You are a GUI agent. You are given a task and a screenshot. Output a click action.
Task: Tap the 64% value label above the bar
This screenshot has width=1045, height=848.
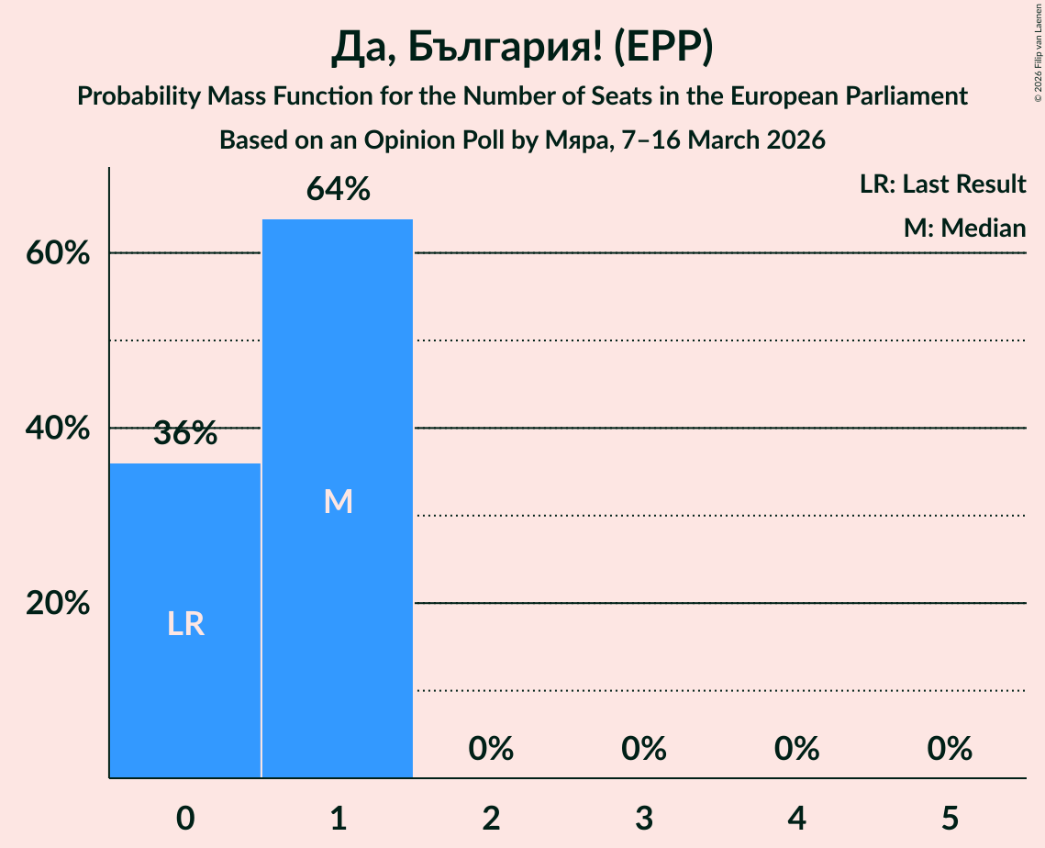(x=338, y=190)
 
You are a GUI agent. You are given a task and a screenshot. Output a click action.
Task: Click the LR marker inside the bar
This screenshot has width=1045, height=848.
(x=185, y=624)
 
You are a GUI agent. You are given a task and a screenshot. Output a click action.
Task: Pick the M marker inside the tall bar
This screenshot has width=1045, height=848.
(x=338, y=501)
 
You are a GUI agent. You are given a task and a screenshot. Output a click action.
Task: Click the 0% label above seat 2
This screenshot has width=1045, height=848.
(x=491, y=749)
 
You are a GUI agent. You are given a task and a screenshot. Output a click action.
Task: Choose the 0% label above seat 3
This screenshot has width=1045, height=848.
(x=644, y=749)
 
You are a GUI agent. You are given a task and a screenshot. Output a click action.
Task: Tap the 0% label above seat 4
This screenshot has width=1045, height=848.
(x=796, y=749)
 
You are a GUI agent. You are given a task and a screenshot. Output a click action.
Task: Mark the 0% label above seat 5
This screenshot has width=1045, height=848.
(x=950, y=749)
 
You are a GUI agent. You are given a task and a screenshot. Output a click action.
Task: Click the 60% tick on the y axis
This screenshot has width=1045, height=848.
(x=58, y=253)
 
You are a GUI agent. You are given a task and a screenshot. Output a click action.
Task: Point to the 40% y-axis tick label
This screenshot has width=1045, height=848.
(x=58, y=429)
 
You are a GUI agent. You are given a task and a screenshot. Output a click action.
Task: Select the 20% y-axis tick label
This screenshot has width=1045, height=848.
(x=58, y=604)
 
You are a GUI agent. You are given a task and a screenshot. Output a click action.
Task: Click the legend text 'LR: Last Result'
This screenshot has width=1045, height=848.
(x=942, y=184)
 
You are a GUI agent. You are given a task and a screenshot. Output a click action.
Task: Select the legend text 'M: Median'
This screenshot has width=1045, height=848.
(x=964, y=228)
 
